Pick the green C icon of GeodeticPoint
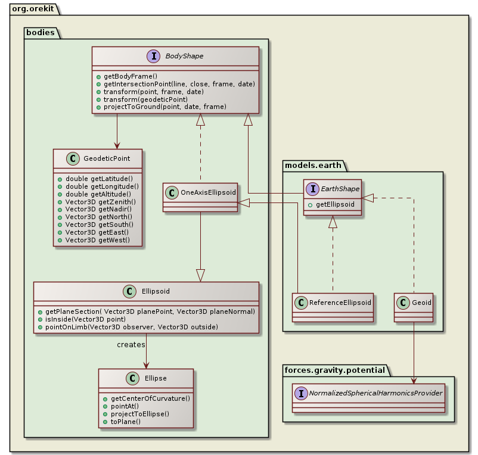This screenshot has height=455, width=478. point(74,158)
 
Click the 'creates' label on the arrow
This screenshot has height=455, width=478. point(131,345)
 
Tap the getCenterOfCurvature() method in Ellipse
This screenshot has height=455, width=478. point(146,398)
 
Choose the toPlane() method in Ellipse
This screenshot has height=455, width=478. point(122,421)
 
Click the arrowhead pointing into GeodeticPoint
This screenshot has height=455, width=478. point(117,144)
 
